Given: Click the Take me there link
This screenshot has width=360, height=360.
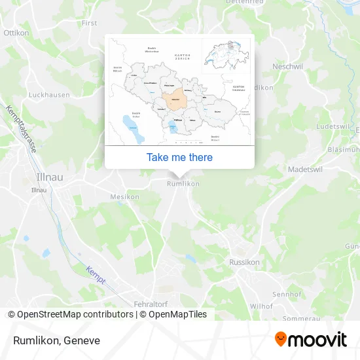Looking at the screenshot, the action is coord(179,157).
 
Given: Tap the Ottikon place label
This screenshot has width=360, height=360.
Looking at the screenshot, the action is coord(16,32).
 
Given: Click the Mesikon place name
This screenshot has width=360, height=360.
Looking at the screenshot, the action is coord(125,196).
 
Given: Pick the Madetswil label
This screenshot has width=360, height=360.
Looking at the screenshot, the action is coord(306,169).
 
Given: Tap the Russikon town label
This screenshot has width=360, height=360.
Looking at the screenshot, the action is coord(244,262).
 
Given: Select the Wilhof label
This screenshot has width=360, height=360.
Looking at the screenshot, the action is coord(261,306).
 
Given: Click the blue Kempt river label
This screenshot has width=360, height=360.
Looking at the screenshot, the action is coord(96,273).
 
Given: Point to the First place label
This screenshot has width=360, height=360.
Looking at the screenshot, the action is coord(89,23).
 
